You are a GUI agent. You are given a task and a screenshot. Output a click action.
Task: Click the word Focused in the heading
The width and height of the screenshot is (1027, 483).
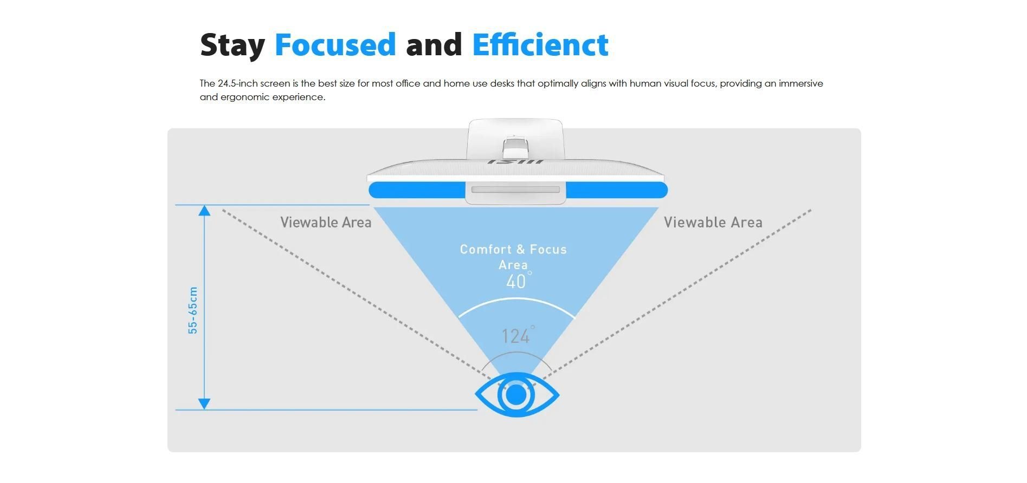(335, 44)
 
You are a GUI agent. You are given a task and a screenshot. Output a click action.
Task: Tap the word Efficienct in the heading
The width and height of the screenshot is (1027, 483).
(540, 44)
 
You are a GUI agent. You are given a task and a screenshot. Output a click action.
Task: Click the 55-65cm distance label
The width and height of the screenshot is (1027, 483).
(193, 310)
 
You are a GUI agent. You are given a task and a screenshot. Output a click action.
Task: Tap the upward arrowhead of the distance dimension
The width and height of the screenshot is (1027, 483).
(204, 211)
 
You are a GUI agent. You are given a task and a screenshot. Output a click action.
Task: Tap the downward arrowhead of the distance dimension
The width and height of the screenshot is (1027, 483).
(204, 404)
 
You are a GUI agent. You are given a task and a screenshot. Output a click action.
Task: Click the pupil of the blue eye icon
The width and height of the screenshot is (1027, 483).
(516, 395)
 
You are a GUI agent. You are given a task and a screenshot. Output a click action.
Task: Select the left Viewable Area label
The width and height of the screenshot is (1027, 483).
(326, 222)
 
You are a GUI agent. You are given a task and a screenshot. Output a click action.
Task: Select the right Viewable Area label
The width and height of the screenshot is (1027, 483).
(713, 222)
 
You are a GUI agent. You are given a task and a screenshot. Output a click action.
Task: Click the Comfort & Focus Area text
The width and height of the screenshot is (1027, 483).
(513, 257)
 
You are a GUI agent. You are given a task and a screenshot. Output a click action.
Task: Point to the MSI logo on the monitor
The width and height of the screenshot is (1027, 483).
(515, 161)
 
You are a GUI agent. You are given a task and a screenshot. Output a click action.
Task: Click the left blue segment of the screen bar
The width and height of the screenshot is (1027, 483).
(417, 190)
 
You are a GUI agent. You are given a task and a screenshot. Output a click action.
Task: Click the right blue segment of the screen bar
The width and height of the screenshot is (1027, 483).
(617, 190)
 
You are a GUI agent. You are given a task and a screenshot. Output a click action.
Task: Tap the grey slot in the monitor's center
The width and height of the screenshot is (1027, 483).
(515, 190)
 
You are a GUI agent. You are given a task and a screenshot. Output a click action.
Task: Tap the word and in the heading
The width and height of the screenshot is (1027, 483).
(434, 44)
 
